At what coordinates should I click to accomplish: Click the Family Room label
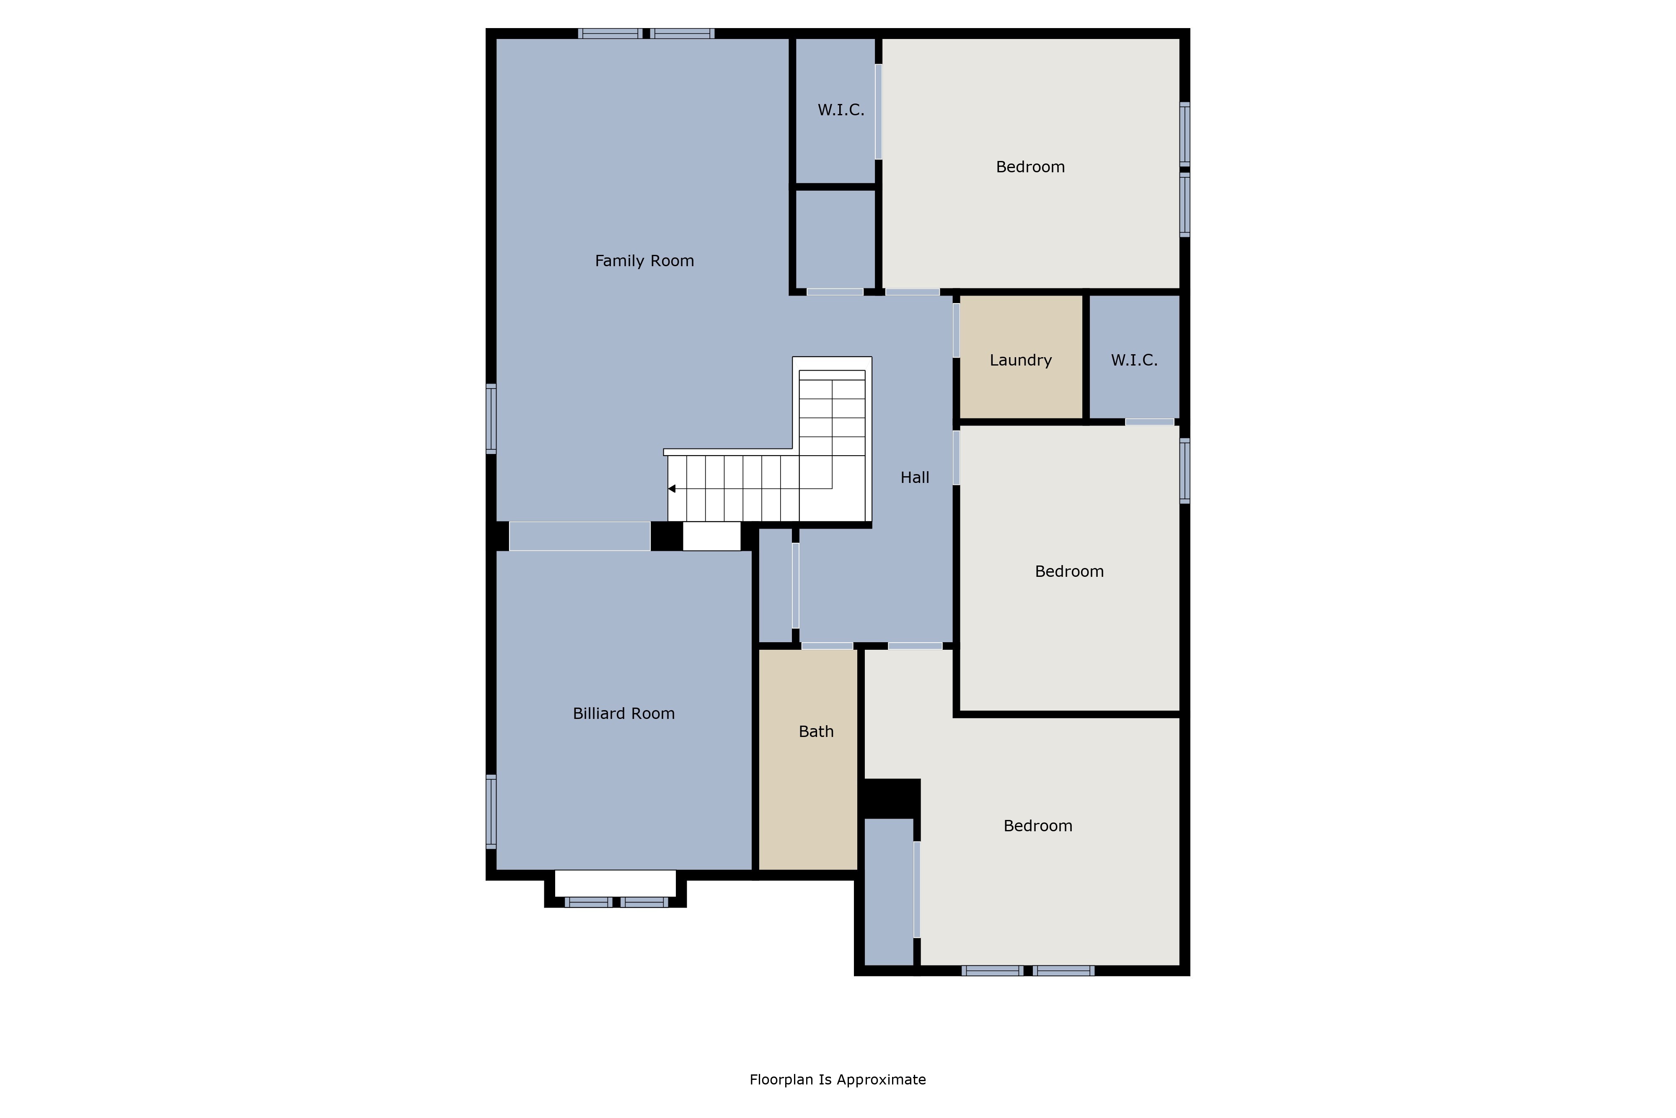coord(644,261)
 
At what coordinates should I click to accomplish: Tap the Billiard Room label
coord(623,714)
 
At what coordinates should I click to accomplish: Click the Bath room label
coord(816,731)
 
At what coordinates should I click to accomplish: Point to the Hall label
coord(915,478)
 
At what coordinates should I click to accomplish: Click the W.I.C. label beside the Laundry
coord(1134,360)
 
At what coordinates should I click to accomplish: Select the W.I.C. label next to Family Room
coord(841,110)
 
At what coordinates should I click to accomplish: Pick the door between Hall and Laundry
coord(956,330)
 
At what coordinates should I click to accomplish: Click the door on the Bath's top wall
coord(827,646)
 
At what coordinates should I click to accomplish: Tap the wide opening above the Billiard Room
coord(579,536)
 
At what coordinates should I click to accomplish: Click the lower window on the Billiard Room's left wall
coord(491,812)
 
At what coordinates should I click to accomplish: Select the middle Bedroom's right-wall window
coord(1185,471)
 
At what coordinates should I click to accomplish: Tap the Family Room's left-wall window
coord(491,418)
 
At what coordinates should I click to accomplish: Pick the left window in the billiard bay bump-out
coord(589,902)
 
